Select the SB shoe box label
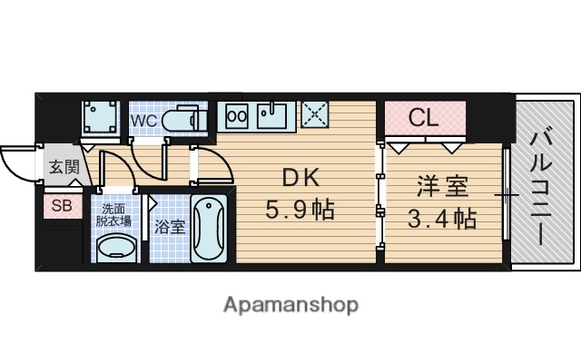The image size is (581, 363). pyautogui.click(x=61, y=205)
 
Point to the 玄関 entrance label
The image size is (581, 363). pyautogui.click(x=63, y=167)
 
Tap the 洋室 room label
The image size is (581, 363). pyautogui.click(x=442, y=188)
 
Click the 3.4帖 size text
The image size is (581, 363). pyautogui.click(x=442, y=219)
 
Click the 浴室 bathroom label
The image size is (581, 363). pyautogui.click(x=169, y=226)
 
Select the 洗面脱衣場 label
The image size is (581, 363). pyautogui.click(x=114, y=212)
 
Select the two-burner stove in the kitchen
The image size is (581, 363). pyautogui.click(x=237, y=116)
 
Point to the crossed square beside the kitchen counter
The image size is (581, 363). pyautogui.click(x=317, y=115)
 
